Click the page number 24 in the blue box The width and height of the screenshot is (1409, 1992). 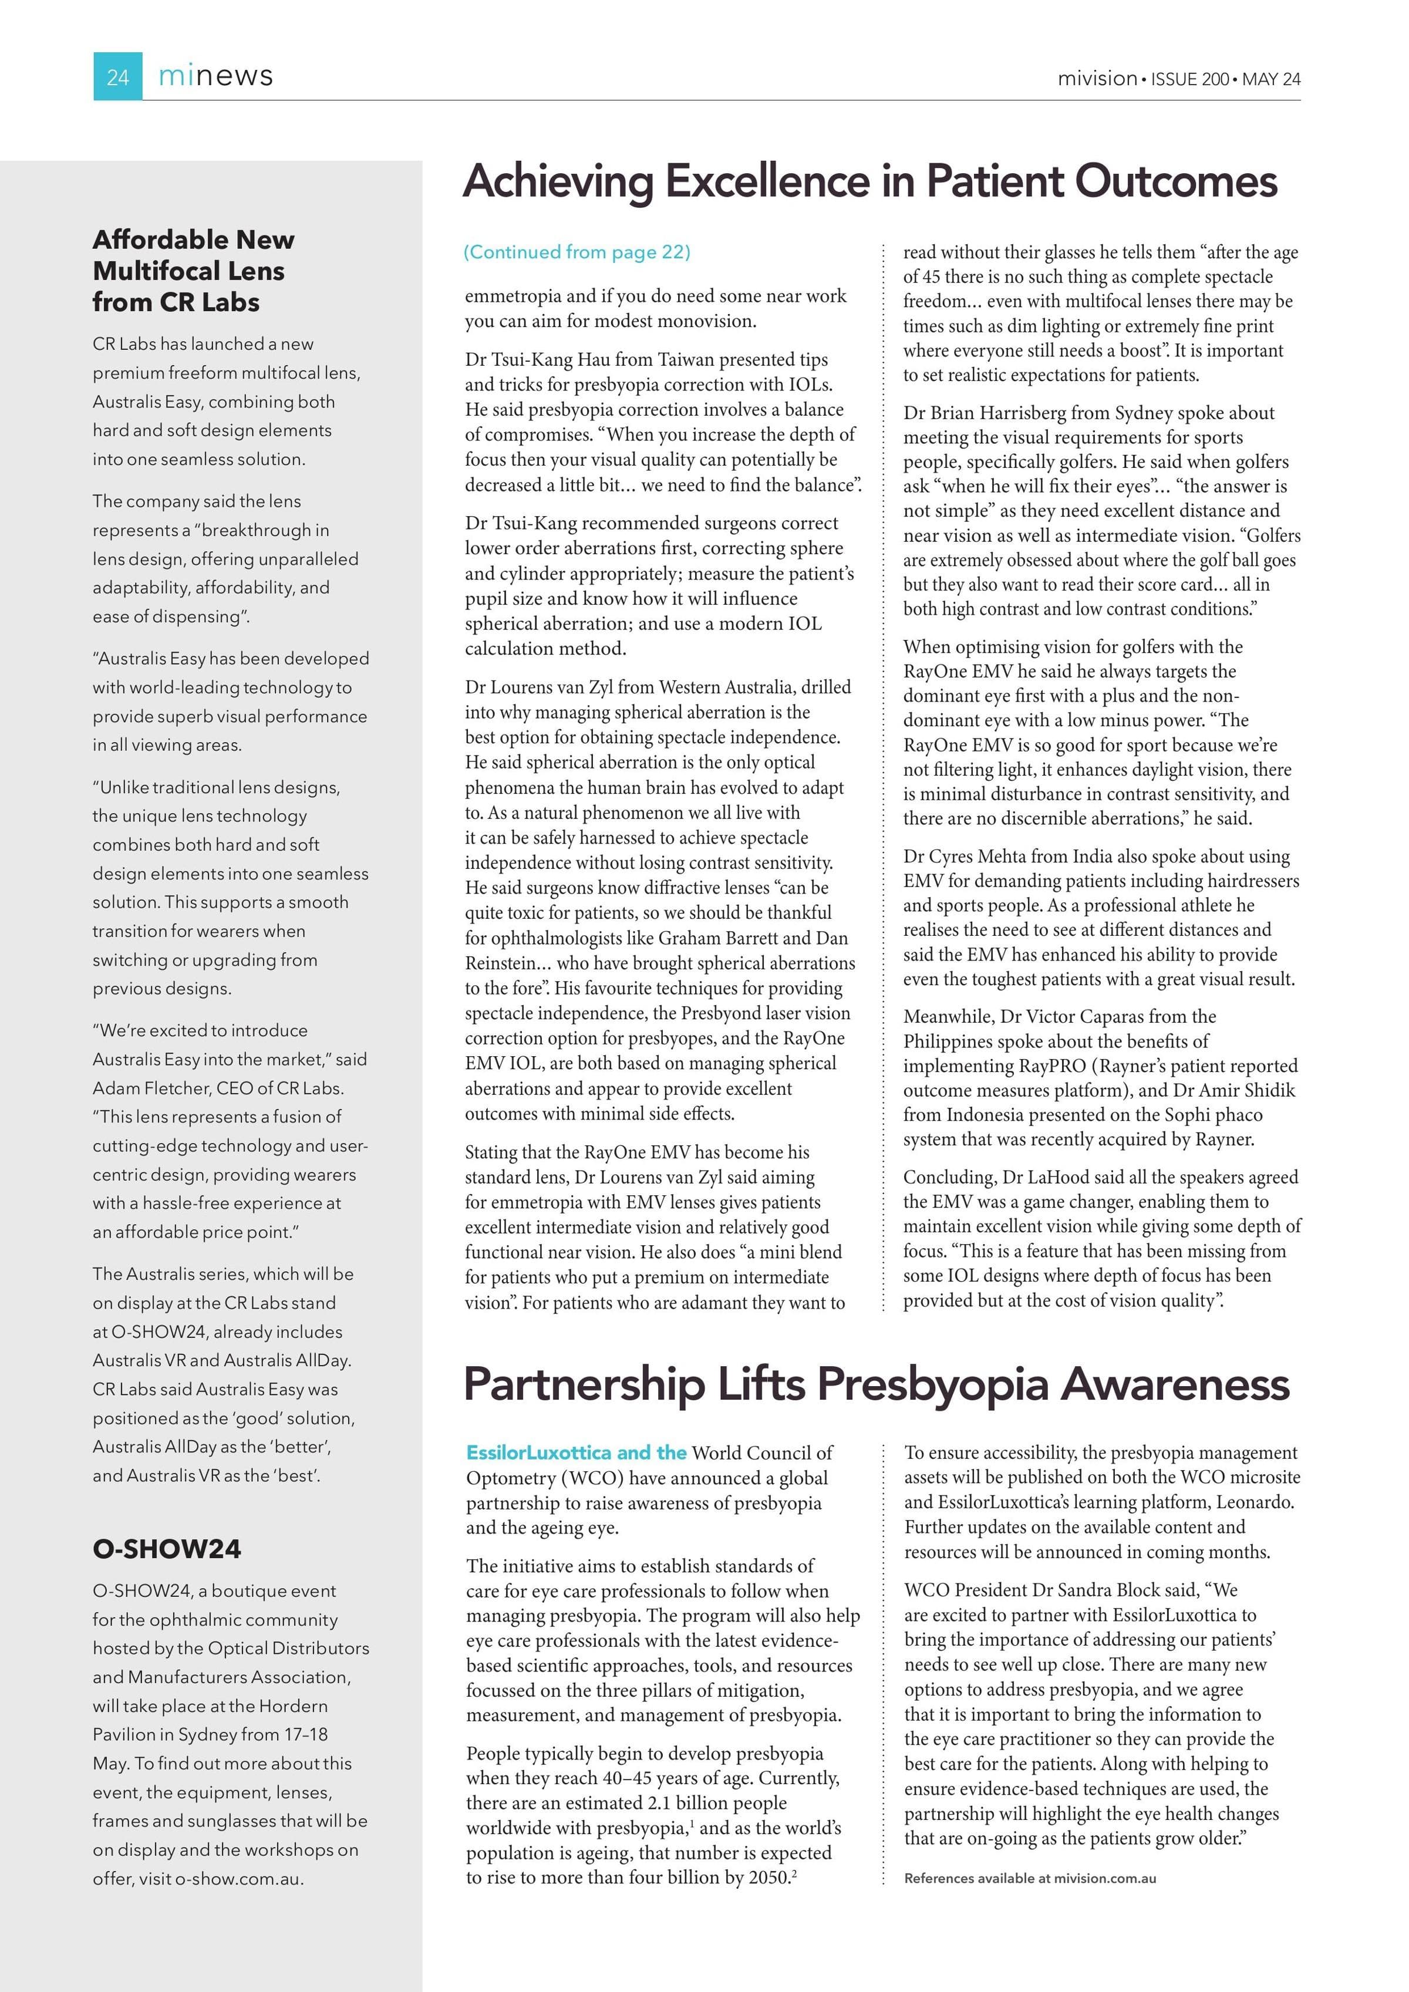[x=118, y=77]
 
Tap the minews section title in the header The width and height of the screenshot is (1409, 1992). [x=215, y=76]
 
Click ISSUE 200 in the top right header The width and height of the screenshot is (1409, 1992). [x=1189, y=79]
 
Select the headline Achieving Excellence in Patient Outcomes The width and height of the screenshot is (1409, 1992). [x=869, y=181]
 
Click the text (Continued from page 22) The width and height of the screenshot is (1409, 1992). [x=577, y=252]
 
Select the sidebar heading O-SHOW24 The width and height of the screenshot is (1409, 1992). [x=167, y=1549]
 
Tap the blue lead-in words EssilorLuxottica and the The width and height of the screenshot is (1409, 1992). [x=576, y=1453]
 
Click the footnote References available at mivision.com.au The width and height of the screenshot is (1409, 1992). [x=1030, y=1878]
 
